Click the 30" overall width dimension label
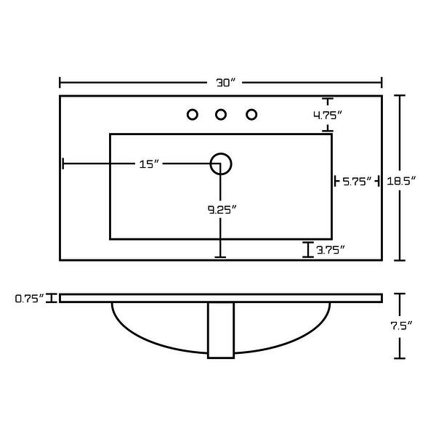[x=225, y=83]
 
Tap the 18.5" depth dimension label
[x=401, y=181]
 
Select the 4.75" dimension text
[x=328, y=115]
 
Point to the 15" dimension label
[x=149, y=164]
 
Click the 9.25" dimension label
[x=222, y=210]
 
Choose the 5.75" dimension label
[x=357, y=182]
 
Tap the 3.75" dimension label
[x=331, y=250]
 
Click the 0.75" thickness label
[x=30, y=299]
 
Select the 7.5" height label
[x=401, y=326]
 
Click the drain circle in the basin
[x=221, y=153]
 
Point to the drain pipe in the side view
[x=221, y=331]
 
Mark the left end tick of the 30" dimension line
[x=60, y=83]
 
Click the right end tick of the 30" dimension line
[x=381, y=83]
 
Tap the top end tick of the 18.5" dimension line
[x=400, y=95]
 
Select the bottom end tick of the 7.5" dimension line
[x=400, y=358]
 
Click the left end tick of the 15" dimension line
[x=63, y=163]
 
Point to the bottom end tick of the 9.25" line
[x=220, y=257]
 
